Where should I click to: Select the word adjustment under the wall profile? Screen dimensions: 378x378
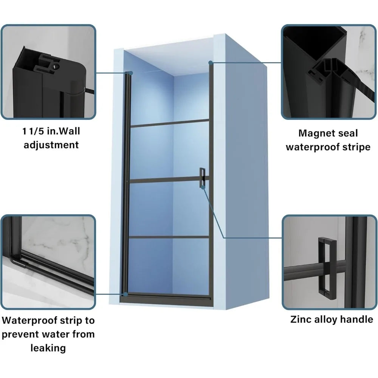tap(51, 145)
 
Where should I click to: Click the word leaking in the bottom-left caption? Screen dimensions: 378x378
tap(48, 348)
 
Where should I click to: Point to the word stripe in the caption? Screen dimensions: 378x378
tap(356, 147)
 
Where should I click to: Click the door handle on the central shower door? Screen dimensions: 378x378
tap(202, 178)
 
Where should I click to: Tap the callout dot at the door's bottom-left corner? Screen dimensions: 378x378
tap(125, 294)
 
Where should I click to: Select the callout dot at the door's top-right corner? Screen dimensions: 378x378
tap(211, 63)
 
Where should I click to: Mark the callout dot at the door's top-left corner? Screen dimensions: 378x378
tap(131, 73)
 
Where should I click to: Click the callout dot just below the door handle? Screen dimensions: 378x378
tap(203, 187)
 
